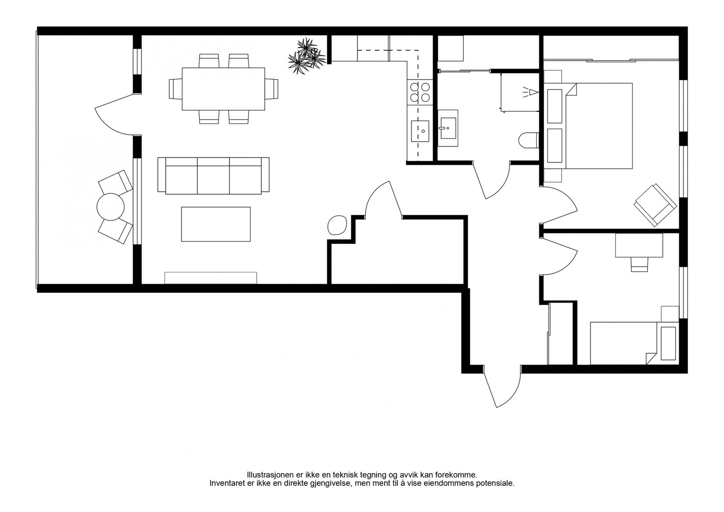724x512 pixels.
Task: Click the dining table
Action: pyautogui.click(x=223, y=89)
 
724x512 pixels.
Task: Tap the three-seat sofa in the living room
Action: pyautogui.click(x=213, y=175)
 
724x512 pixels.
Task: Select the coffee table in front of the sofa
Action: pyautogui.click(x=215, y=224)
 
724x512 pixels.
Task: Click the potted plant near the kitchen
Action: pyautogui.click(x=306, y=56)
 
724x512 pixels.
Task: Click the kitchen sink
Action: pyautogui.click(x=419, y=131)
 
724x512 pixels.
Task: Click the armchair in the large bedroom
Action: pyautogui.click(x=655, y=205)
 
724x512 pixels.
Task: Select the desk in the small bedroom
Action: pyautogui.click(x=638, y=245)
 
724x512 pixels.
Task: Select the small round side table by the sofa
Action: pyautogui.click(x=338, y=225)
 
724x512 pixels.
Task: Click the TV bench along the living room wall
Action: pyautogui.click(x=210, y=278)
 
